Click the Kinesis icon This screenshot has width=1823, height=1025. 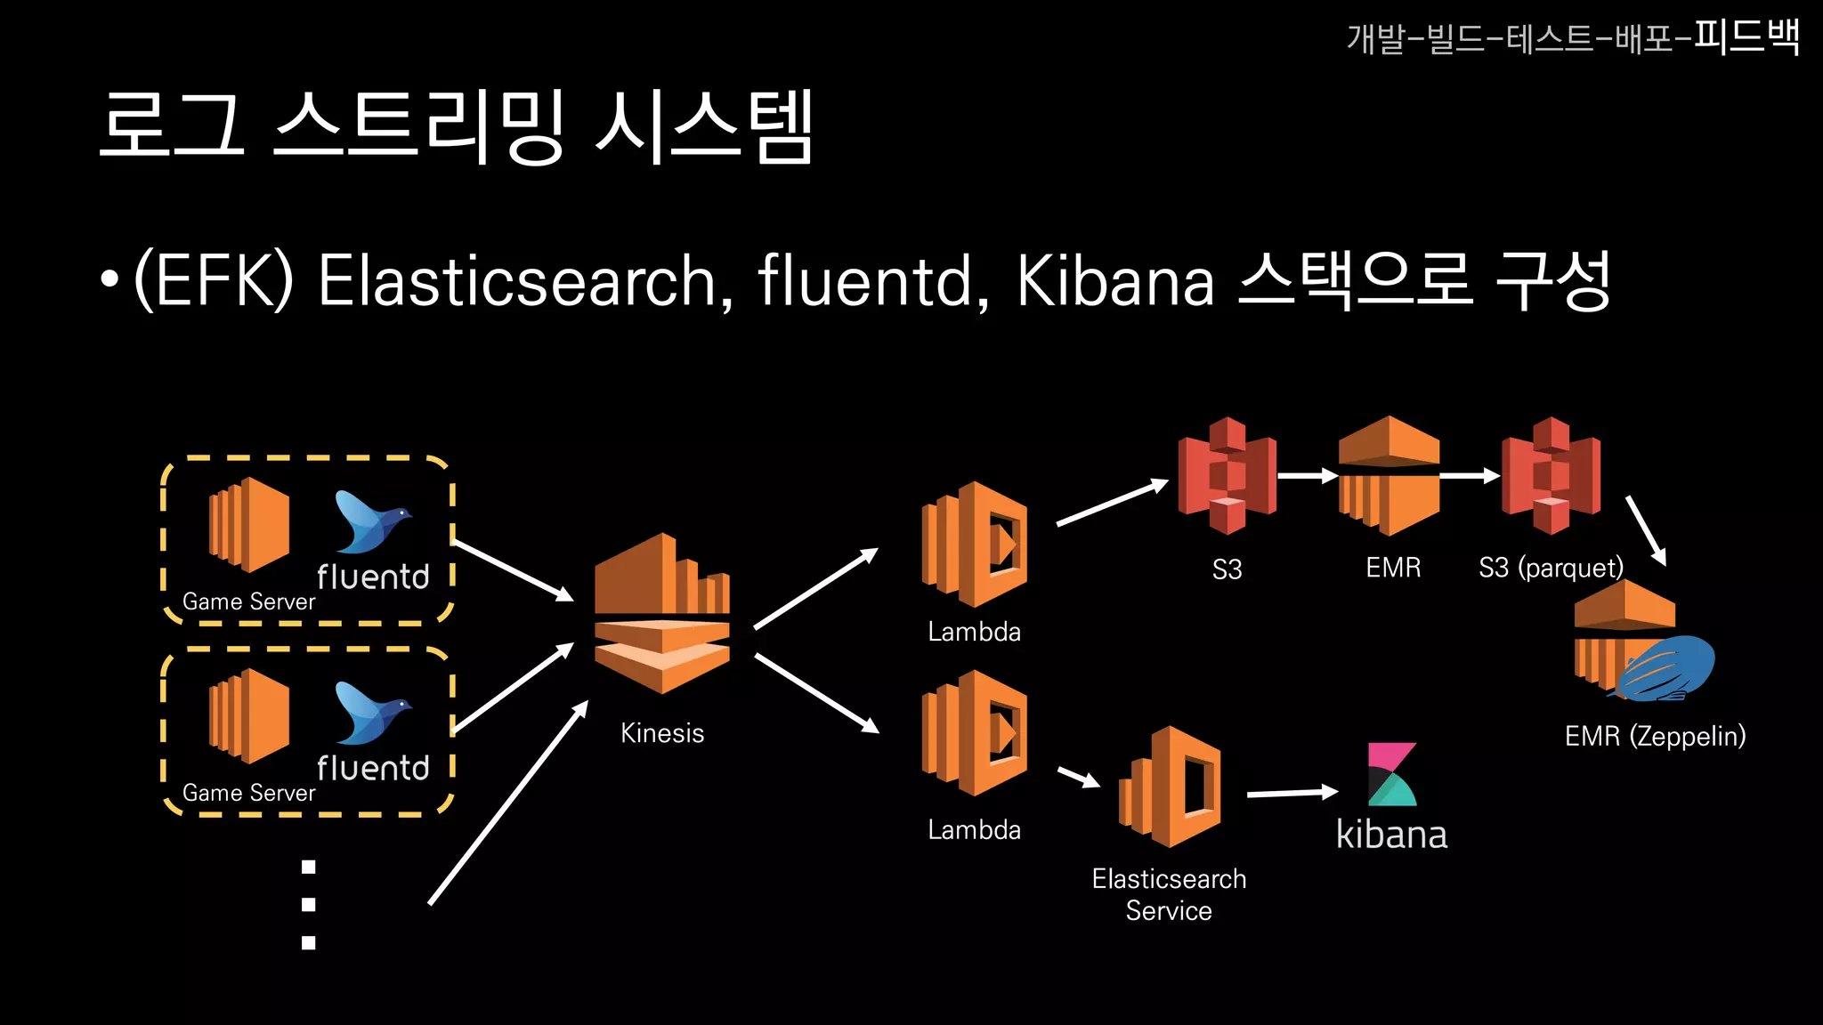point(662,613)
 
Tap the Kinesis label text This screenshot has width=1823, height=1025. point(662,733)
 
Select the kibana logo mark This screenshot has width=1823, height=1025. point(1391,774)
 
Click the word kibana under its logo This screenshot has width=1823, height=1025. point(1391,835)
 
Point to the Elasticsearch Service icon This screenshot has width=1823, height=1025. point(1171,787)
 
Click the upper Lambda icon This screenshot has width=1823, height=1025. point(976,545)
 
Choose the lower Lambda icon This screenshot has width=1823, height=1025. point(976,733)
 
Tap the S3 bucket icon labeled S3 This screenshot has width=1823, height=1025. point(1227,476)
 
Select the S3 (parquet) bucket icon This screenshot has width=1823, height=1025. point(1551,476)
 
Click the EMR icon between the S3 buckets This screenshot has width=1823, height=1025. point(1389,476)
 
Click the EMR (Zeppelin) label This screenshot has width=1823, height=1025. point(1655,736)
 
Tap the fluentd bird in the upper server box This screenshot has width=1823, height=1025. point(371,521)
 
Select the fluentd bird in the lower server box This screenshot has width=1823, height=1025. point(371,712)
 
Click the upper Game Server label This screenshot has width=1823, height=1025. point(248,602)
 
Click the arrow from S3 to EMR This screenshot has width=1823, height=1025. point(1308,476)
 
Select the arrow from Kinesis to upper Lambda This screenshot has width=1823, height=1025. point(815,589)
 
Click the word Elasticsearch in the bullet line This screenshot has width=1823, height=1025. point(517,281)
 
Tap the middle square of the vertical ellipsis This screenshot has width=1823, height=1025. point(309,905)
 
